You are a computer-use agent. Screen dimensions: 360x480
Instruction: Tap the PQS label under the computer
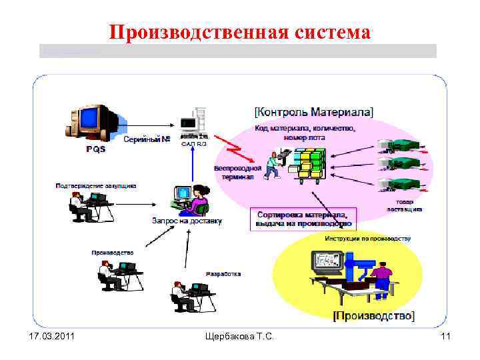point(95,149)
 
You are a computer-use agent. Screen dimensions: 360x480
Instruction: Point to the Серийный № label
point(147,140)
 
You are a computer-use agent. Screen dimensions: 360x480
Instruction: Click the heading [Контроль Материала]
point(314,111)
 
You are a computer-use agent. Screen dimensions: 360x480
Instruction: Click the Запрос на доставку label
point(188,221)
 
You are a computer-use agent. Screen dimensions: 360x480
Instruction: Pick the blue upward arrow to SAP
point(192,164)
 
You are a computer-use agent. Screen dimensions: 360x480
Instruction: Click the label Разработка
point(223,273)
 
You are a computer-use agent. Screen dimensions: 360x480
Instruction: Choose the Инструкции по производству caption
point(367,238)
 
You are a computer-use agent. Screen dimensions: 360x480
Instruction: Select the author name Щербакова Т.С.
point(240,338)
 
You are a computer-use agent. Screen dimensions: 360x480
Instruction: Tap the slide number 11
point(445,338)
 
